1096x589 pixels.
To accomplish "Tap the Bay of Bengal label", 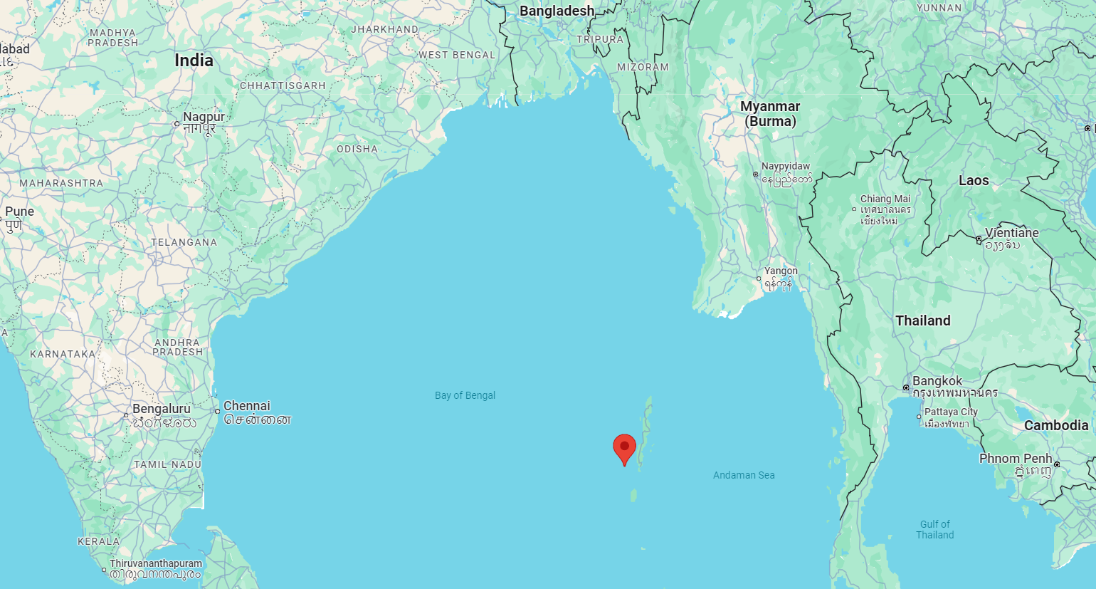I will pyautogui.click(x=465, y=395).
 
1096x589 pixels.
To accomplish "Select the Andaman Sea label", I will pyautogui.click(x=744, y=475).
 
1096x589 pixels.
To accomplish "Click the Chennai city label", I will pyautogui.click(x=247, y=406).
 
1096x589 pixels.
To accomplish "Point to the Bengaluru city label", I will pyautogui.click(x=162, y=409).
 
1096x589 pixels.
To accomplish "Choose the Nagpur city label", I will pyautogui.click(x=204, y=117).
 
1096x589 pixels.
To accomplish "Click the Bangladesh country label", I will pyautogui.click(x=557, y=11).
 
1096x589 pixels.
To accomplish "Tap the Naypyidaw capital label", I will pyautogui.click(x=786, y=166).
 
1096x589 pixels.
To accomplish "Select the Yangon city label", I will pyautogui.click(x=781, y=271).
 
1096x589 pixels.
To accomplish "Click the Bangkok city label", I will pyautogui.click(x=937, y=381).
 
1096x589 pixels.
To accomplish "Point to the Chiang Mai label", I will pyautogui.click(x=885, y=199).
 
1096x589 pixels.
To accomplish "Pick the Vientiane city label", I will pyautogui.click(x=1012, y=233).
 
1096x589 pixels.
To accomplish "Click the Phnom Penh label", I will pyautogui.click(x=1016, y=458).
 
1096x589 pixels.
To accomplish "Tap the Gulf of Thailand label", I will pyautogui.click(x=935, y=529).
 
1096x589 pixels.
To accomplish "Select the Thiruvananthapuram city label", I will pyautogui.click(x=156, y=563).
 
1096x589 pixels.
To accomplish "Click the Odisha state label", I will pyautogui.click(x=357, y=149).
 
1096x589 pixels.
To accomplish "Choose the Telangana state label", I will pyautogui.click(x=184, y=242).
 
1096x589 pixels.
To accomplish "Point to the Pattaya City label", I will pyautogui.click(x=951, y=412).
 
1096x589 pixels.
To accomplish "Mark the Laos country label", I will pyautogui.click(x=974, y=180).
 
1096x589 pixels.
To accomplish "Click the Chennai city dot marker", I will pyautogui.click(x=218, y=411).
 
